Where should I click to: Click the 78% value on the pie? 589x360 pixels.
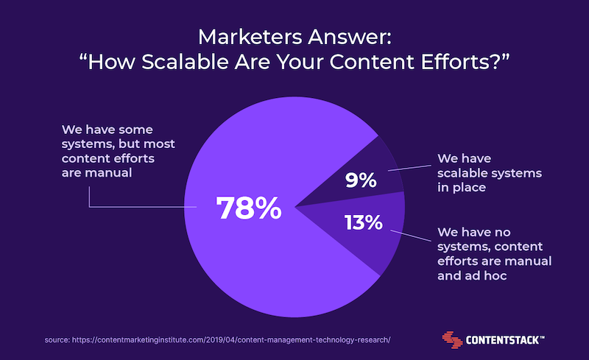click(x=249, y=208)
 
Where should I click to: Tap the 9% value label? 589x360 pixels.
click(x=361, y=180)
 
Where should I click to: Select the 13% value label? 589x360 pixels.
click(x=363, y=222)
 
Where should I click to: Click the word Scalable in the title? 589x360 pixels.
click(x=185, y=62)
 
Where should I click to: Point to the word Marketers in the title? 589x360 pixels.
click(x=250, y=37)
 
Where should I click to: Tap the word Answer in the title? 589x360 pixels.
click(x=350, y=37)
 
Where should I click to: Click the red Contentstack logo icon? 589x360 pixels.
click(x=452, y=339)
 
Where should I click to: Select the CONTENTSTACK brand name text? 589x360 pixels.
click(x=505, y=340)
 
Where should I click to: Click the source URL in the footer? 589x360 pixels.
click(x=231, y=339)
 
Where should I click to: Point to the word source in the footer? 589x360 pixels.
click(x=57, y=340)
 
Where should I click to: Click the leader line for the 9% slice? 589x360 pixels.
click(x=410, y=168)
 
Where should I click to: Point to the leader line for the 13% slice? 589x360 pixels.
click(x=411, y=236)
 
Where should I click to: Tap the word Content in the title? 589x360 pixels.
click(x=373, y=62)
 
